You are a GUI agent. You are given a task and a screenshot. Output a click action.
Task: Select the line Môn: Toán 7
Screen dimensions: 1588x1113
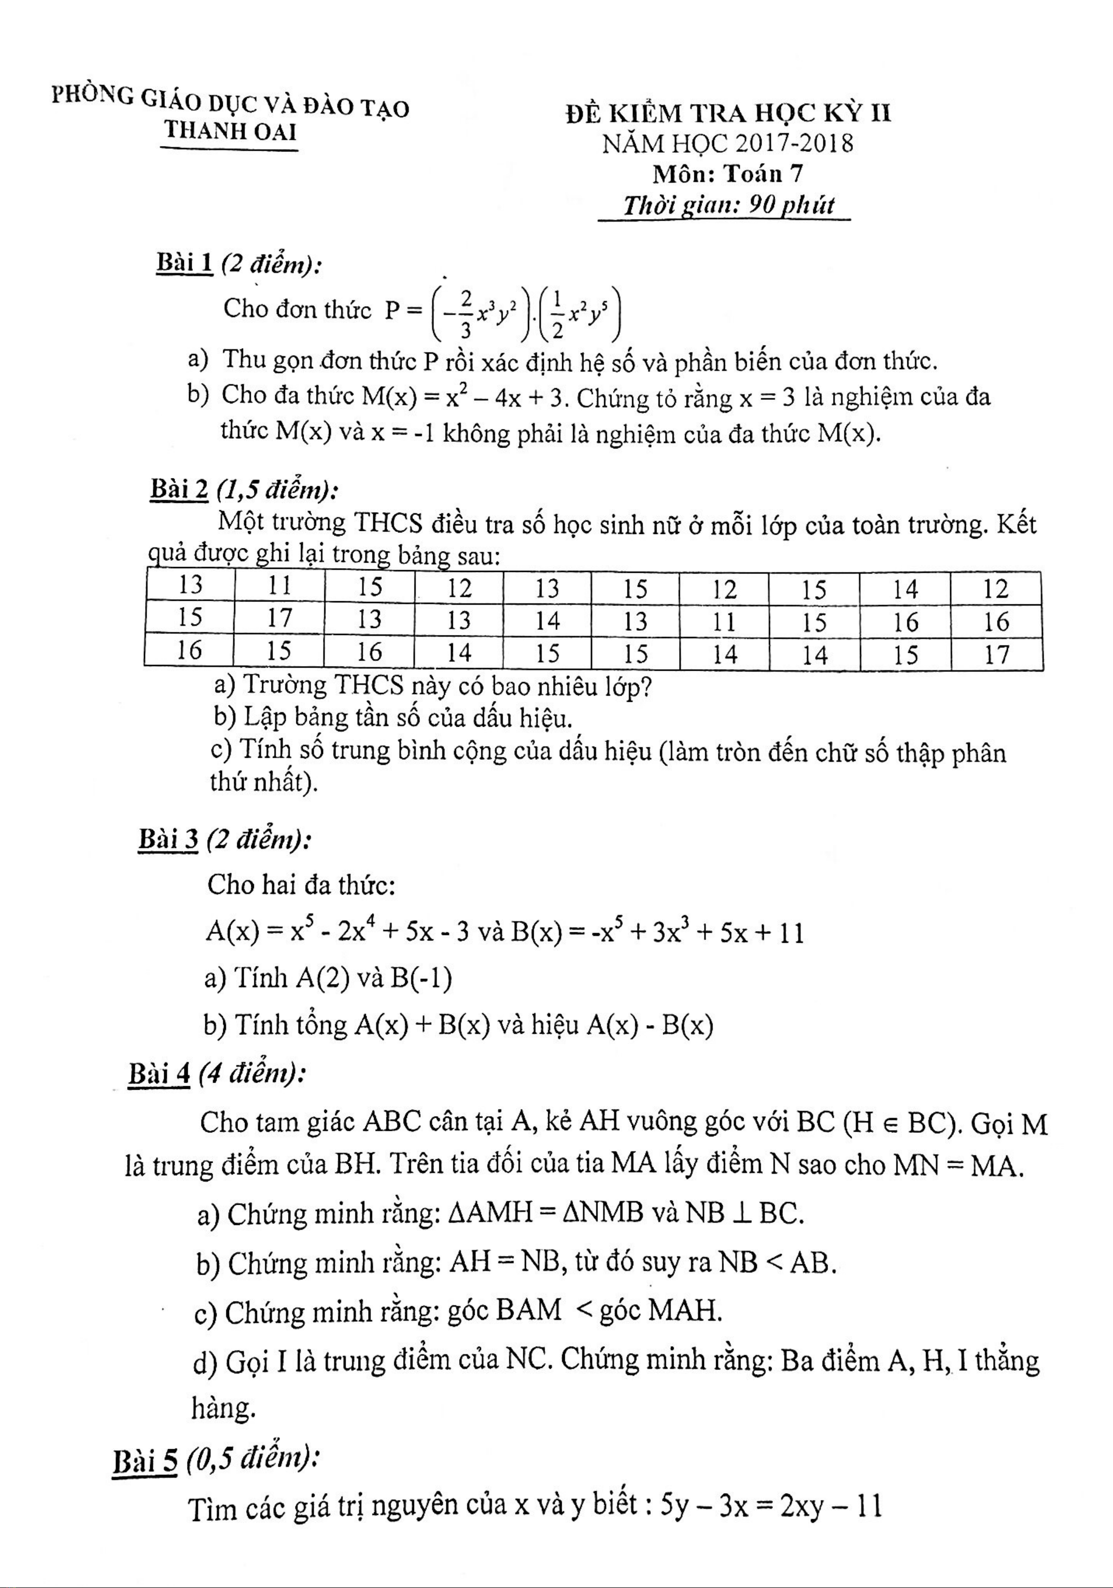click(x=727, y=174)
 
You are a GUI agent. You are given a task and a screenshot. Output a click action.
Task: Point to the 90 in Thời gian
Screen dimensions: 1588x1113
click(x=763, y=206)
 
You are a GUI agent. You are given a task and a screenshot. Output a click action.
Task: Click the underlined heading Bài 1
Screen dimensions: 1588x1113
click(x=184, y=264)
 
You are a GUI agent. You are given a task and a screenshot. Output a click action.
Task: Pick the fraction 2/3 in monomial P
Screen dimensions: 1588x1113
click(x=465, y=313)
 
